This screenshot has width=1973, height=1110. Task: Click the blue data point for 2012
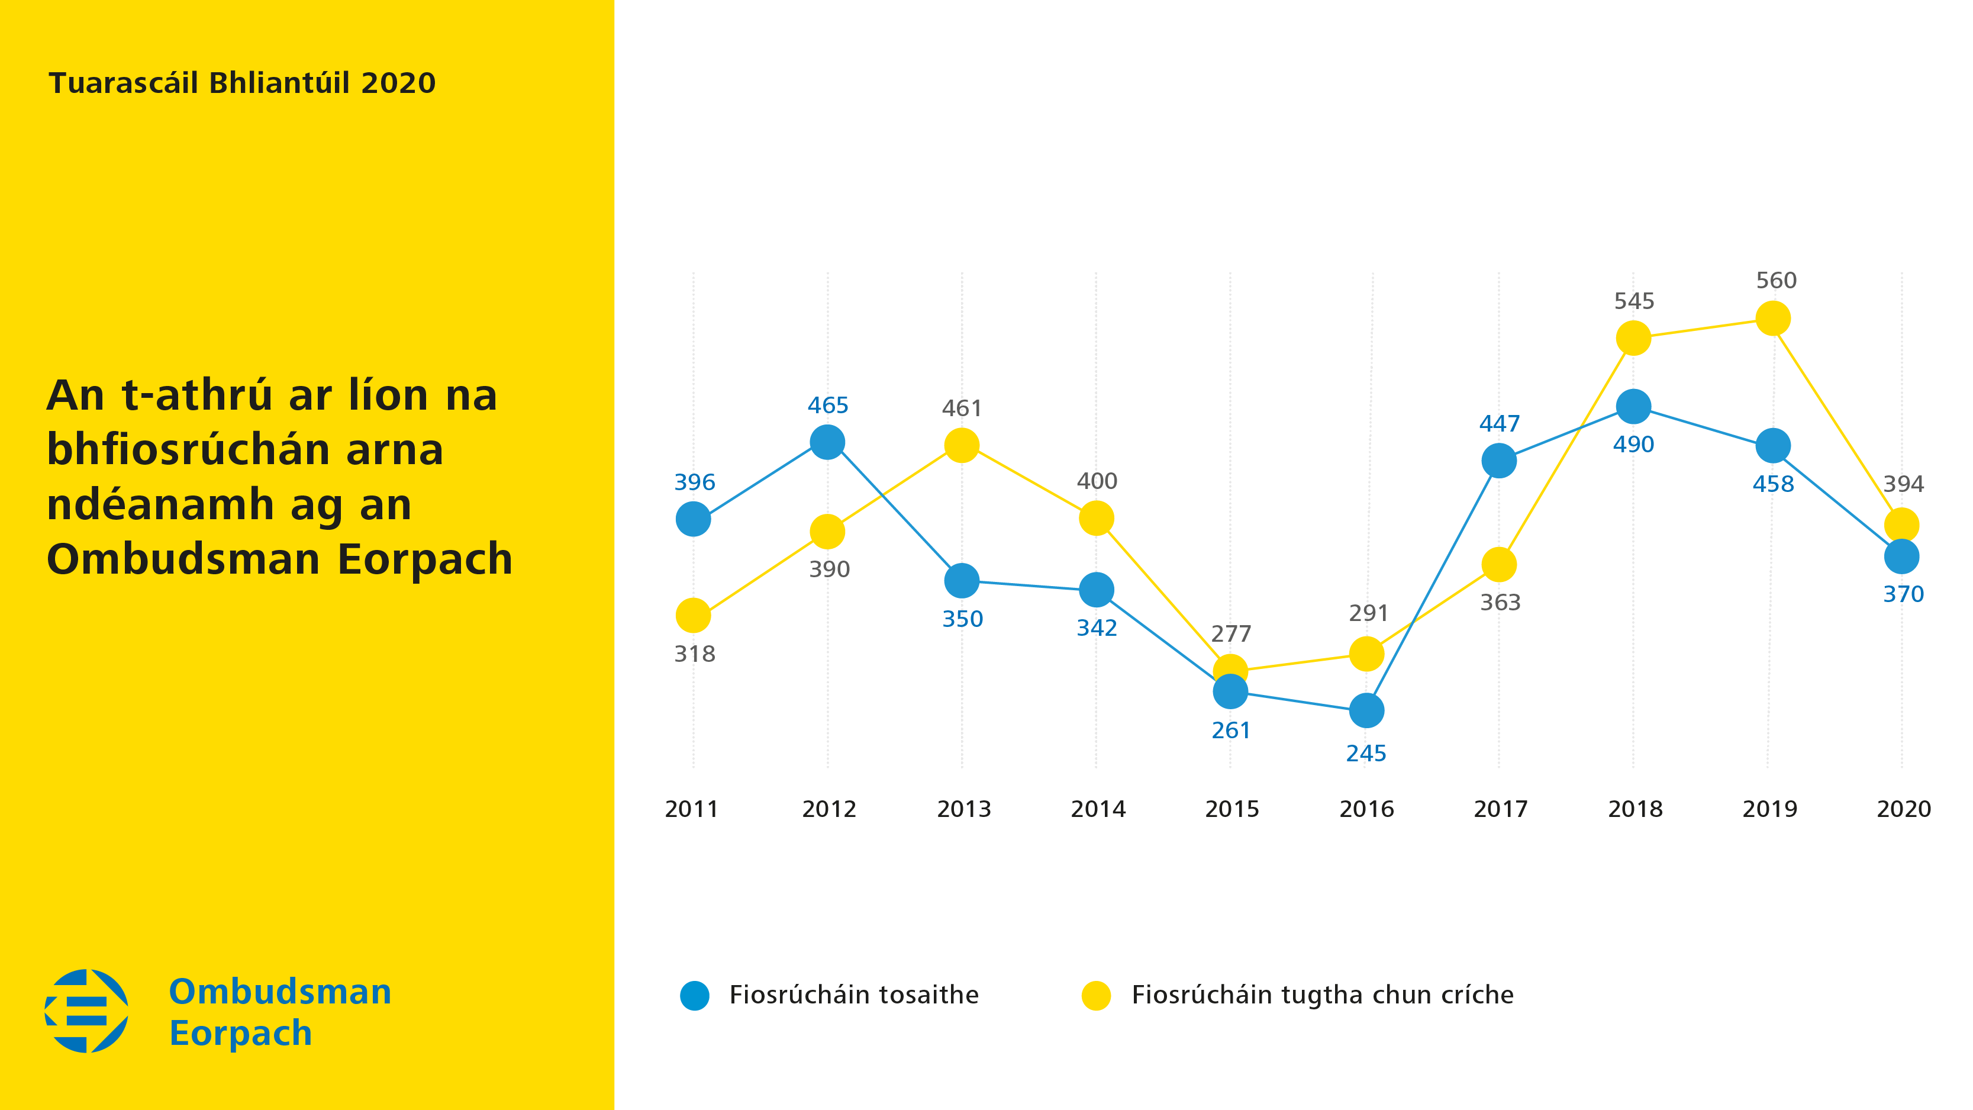click(x=827, y=442)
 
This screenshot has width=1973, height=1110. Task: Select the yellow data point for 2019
click(x=1772, y=318)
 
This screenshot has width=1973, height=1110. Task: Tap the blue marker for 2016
click(x=1366, y=711)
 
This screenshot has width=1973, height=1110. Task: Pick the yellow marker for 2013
click(x=962, y=445)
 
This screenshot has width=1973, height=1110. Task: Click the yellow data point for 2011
click(x=693, y=615)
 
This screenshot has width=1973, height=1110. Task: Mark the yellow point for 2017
click(x=1499, y=565)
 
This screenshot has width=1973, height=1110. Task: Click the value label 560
click(x=1776, y=281)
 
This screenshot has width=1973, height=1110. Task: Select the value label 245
click(x=1366, y=754)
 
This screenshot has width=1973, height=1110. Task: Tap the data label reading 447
click(x=1499, y=424)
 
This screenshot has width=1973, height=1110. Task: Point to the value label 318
click(x=695, y=654)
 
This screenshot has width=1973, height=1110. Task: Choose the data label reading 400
click(x=1097, y=481)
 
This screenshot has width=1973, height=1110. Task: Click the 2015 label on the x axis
click(x=1231, y=809)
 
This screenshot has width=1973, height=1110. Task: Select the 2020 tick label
click(x=1903, y=809)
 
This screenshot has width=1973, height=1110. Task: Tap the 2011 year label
click(x=692, y=809)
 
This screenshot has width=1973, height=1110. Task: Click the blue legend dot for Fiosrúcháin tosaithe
click(x=695, y=995)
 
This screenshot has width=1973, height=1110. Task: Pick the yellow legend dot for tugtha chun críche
click(x=1096, y=995)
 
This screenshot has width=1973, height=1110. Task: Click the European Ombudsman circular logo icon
click(x=86, y=1011)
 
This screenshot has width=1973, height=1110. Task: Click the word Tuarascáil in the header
click(x=122, y=83)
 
